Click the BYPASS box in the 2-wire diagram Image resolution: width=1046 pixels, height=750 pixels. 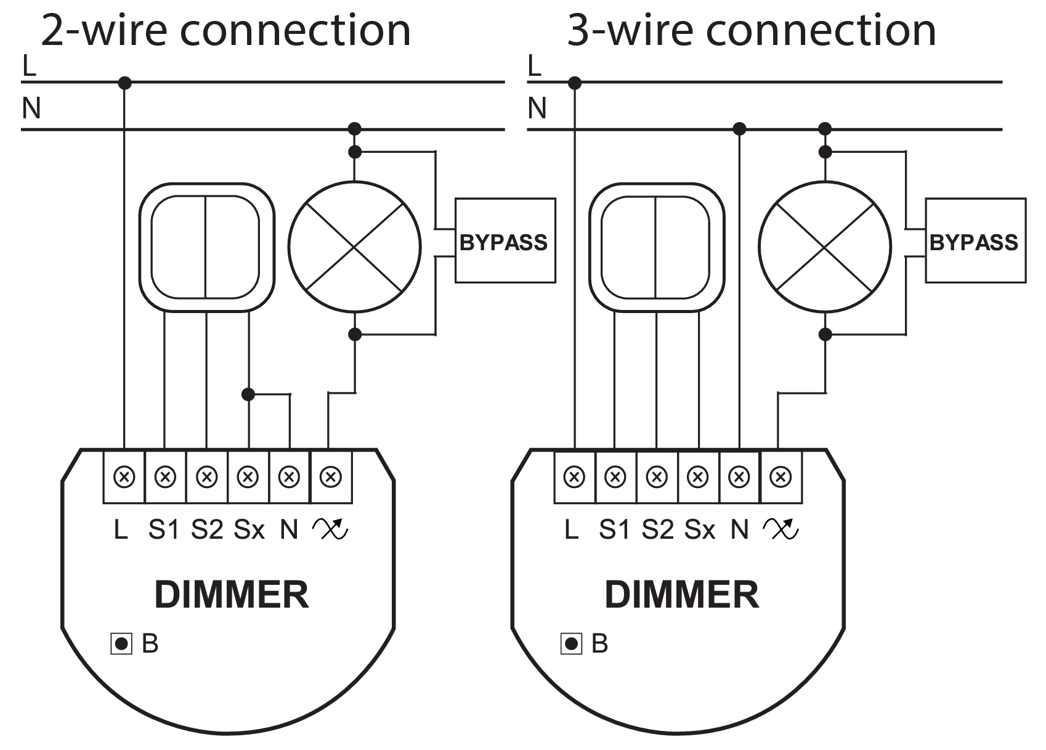505,241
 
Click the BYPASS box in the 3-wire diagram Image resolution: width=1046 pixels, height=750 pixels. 975,241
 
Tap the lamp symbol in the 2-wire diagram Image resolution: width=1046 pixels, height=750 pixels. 355,247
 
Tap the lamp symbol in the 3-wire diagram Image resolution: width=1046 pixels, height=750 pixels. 825,247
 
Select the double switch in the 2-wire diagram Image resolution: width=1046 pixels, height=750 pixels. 206,247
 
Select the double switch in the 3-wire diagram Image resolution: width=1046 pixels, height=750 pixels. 657,247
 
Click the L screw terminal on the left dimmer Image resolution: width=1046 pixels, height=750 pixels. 124,477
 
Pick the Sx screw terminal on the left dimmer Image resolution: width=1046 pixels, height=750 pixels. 248,477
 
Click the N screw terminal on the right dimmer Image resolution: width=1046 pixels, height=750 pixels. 739,477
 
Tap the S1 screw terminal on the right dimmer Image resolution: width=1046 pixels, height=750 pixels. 615,477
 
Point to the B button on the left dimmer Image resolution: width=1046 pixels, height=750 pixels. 121,644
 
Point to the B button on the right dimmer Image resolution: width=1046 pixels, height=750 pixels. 571,644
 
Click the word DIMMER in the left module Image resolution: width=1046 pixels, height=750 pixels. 231,595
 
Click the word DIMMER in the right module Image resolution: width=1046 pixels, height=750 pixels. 681,595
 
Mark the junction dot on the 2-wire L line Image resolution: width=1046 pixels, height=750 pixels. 124,82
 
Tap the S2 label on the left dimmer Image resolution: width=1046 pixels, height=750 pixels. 207,529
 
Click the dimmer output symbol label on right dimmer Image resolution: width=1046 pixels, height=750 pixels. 780,528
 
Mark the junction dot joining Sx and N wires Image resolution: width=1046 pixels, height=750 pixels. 248,394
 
